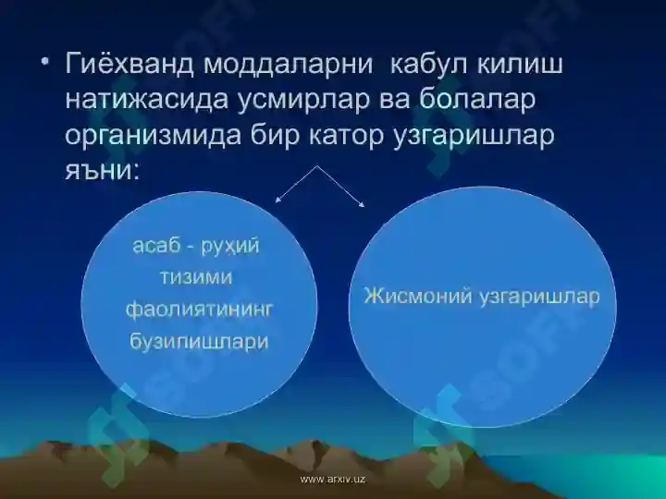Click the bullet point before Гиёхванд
coord(44,64)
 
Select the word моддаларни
coord(293,66)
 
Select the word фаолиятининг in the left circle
coord(201,310)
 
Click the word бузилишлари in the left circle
coord(199,341)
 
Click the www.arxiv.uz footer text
coord(333,480)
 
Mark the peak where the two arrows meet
coord(320,166)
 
